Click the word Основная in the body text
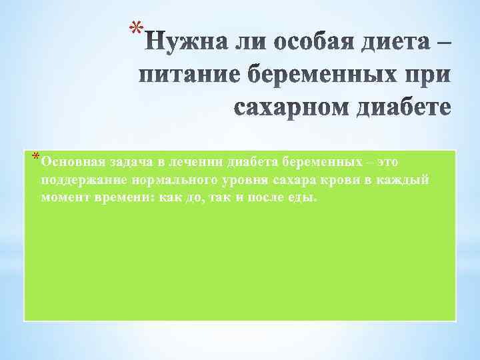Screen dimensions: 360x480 pyautogui.click(x=69, y=161)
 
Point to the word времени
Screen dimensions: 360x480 pyautogui.click(x=122, y=199)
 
